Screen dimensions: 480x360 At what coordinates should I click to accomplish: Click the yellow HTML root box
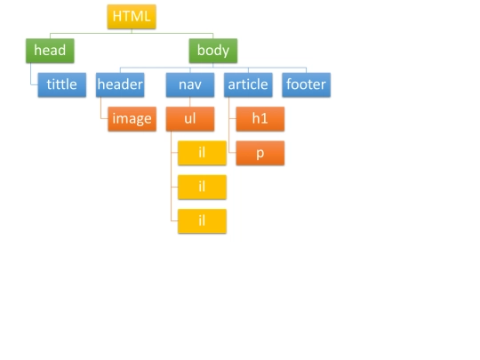point(132,17)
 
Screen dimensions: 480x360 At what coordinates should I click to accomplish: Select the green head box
point(50,51)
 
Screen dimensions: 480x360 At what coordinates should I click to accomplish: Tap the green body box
point(213,51)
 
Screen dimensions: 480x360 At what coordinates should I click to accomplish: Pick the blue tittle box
point(62,84)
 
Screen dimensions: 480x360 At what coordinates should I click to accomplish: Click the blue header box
point(120,84)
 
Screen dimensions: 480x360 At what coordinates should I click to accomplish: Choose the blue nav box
point(190,84)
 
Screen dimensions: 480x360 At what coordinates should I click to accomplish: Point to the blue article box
point(248,84)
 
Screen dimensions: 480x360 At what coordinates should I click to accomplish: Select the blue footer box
point(306,84)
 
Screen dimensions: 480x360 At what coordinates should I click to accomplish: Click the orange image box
point(132,119)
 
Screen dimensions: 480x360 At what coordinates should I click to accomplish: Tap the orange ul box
point(190,119)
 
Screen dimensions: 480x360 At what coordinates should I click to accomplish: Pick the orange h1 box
point(260,119)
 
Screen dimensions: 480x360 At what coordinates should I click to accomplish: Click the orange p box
point(260,153)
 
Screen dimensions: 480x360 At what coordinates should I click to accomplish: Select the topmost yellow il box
point(202,153)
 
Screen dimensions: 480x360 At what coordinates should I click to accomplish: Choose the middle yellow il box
point(202,187)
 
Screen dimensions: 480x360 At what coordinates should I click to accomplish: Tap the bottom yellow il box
point(202,221)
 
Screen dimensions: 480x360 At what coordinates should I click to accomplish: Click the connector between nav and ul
point(190,102)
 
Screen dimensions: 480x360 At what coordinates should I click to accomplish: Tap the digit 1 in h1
point(265,118)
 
